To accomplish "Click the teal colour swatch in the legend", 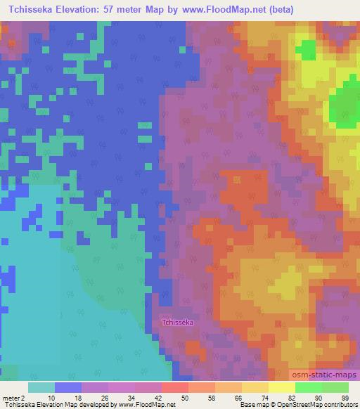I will click(41, 387).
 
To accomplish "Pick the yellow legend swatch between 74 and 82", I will click(281, 387).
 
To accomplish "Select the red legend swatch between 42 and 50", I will click(174, 387).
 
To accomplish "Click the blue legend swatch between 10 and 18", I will click(68, 387).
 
